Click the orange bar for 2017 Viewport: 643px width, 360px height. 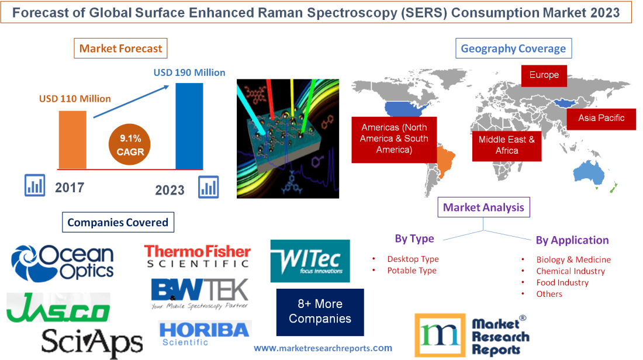click(72, 139)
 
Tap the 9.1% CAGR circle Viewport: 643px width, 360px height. click(130, 145)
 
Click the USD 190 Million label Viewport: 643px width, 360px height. click(189, 72)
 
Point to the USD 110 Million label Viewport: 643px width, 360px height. click(75, 99)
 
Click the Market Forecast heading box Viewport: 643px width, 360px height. click(120, 49)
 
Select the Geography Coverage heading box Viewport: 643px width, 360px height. click(513, 49)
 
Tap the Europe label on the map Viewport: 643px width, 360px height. click(544, 75)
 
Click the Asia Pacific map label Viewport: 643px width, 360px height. click(601, 118)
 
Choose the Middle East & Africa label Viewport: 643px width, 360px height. click(506, 144)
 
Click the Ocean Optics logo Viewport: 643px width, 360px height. click(63, 262)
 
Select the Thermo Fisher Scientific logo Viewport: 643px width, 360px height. click(198, 256)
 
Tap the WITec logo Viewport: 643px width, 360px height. click(310, 261)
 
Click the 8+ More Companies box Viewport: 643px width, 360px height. click(320, 311)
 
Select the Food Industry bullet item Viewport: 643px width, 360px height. click(562, 282)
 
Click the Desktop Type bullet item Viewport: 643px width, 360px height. click(413, 259)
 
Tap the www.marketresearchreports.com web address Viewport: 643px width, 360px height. click(323, 348)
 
